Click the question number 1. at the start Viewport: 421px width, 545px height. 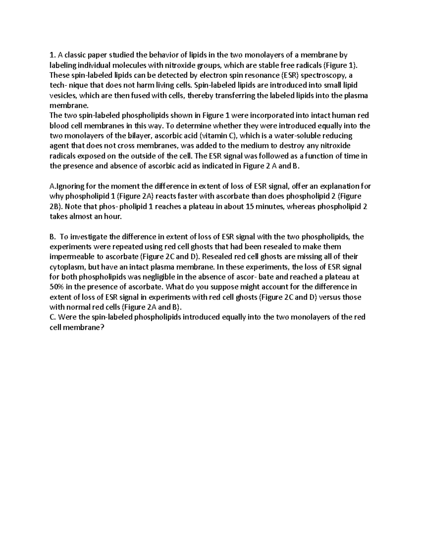(53, 55)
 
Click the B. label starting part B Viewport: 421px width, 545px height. (53, 237)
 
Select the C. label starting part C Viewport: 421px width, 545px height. (53, 317)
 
